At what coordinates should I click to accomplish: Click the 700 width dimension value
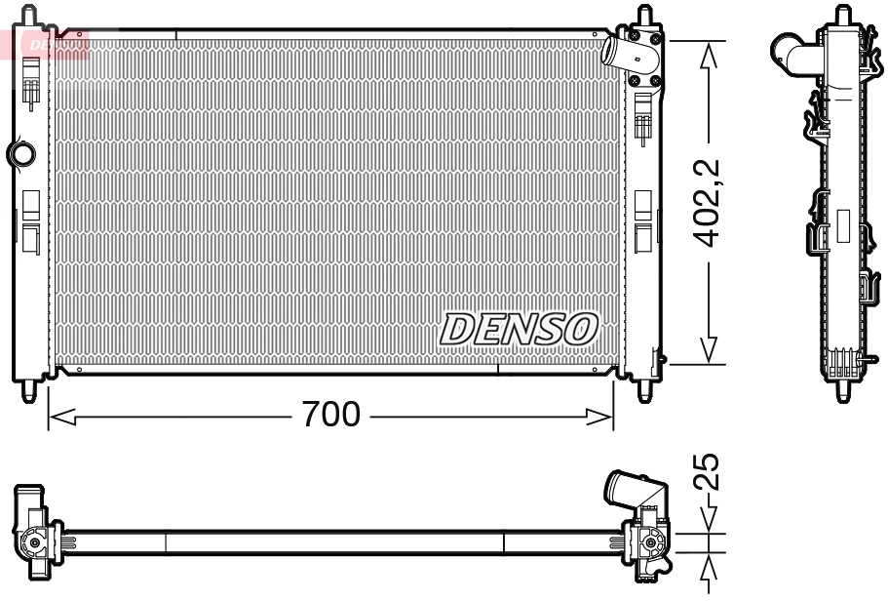(x=330, y=416)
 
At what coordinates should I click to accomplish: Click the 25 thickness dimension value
(x=711, y=471)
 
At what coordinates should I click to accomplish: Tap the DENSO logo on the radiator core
(x=519, y=329)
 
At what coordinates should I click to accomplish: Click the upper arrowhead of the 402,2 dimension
(x=710, y=55)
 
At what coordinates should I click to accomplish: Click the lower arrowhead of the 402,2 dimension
(x=710, y=350)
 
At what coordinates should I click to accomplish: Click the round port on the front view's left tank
(x=20, y=153)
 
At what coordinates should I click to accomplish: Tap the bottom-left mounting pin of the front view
(x=29, y=390)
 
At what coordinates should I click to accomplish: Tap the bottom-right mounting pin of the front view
(x=645, y=390)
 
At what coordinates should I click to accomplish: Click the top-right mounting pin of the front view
(x=644, y=16)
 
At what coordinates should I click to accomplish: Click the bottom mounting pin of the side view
(x=842, y=391)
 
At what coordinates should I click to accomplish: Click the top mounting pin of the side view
(x=842, y=16)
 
